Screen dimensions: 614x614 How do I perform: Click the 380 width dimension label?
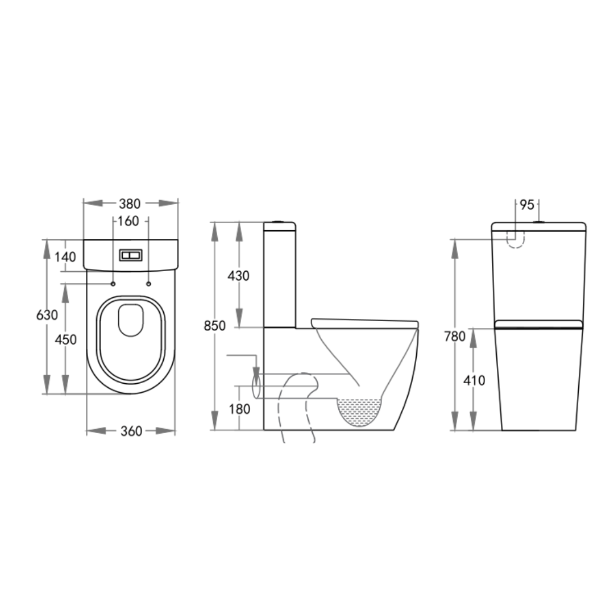(x=130, y=204)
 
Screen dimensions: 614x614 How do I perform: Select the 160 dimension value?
(x=128, y=221)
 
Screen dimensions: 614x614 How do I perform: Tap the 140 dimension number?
(x=66, y=257)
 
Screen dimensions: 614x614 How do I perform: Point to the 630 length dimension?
(x=47, y=315)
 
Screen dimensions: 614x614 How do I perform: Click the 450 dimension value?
(x=66, y=339)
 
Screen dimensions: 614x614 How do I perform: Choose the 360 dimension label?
(x=131, y=432)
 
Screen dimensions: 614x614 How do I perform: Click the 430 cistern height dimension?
(x=238, y=276)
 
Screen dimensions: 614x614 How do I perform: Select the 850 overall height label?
(x=215, y=326)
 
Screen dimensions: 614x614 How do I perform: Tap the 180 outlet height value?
(x=238, y=409)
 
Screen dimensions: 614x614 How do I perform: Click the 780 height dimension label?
(x=455, y=337)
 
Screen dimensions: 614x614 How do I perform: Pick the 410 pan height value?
(x=474, y=380)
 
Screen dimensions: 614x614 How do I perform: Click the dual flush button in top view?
(x=131, y=255)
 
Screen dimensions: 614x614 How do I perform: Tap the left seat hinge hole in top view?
(x=113, y=284)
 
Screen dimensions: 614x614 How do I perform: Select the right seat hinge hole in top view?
(x=148, y=284)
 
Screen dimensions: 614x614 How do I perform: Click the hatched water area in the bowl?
(x=359, y=410)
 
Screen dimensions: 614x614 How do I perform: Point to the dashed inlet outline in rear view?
(x=515, y=241)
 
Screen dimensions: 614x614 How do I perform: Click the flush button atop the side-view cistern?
(x=278, y=221)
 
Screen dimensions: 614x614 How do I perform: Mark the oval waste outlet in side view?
(x=256, y=386)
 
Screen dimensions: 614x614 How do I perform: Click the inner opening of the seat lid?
(x=130, y=320)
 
